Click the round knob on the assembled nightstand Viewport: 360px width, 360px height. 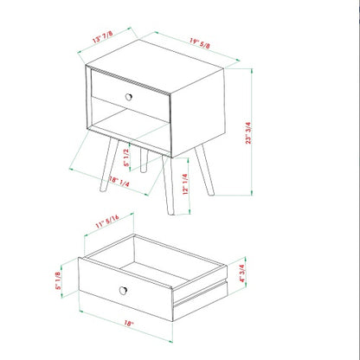(129, 93)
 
